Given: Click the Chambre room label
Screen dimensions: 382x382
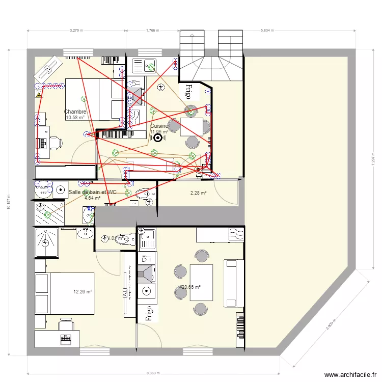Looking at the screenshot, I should (75, 112).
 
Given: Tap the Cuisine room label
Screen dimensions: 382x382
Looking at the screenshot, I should (159, 125).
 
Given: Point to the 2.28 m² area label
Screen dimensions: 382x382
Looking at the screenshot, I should (198, 193).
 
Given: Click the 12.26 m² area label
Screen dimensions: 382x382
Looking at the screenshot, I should (83, 292).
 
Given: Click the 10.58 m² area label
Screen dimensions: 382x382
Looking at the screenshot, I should (75, 118).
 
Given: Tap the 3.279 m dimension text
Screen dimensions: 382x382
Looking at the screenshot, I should (76, 31).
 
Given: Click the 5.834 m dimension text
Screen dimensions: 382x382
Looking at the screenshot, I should (267, 31).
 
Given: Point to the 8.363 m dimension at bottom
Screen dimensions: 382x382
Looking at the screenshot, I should (153, 372).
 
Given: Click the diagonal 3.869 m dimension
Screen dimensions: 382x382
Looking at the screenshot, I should (332, 319).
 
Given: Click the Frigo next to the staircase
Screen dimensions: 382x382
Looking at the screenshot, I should (188, 92).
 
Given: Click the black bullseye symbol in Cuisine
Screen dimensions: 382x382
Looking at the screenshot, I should (157, 137).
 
